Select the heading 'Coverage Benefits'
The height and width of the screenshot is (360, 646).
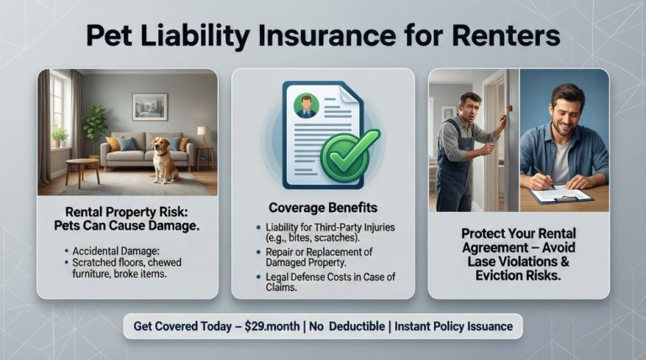point(322,208)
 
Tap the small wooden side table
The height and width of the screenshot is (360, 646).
point(82,172)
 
